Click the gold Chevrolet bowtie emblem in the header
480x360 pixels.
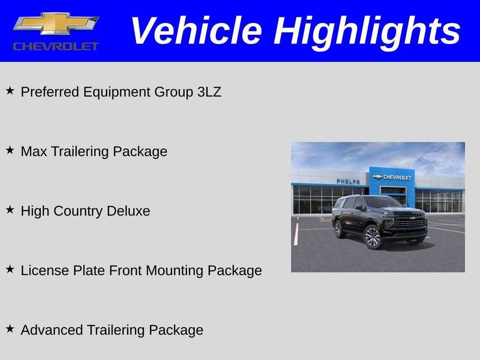[x=56, y=24]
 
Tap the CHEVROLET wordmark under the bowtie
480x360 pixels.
[x=56, y=46]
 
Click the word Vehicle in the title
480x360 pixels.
[x=196, y=31]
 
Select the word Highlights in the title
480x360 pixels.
[x=367, y=31]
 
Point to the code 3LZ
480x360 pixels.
[x=209, y=92]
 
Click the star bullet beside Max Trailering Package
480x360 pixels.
[x=10, y=150]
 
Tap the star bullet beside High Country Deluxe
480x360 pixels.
[x=10, y=210]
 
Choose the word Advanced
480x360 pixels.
[x=52, y=330]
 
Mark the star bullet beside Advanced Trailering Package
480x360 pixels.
[x=10, y=329]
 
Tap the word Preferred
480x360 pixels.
[x=50, y=92]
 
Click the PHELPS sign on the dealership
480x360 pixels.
[x=348, y=181]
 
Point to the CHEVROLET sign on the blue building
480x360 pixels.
[x=393, y=177]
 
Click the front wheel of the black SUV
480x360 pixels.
[x=373, y=237]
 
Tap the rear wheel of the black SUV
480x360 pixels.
[x=339, y=229]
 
